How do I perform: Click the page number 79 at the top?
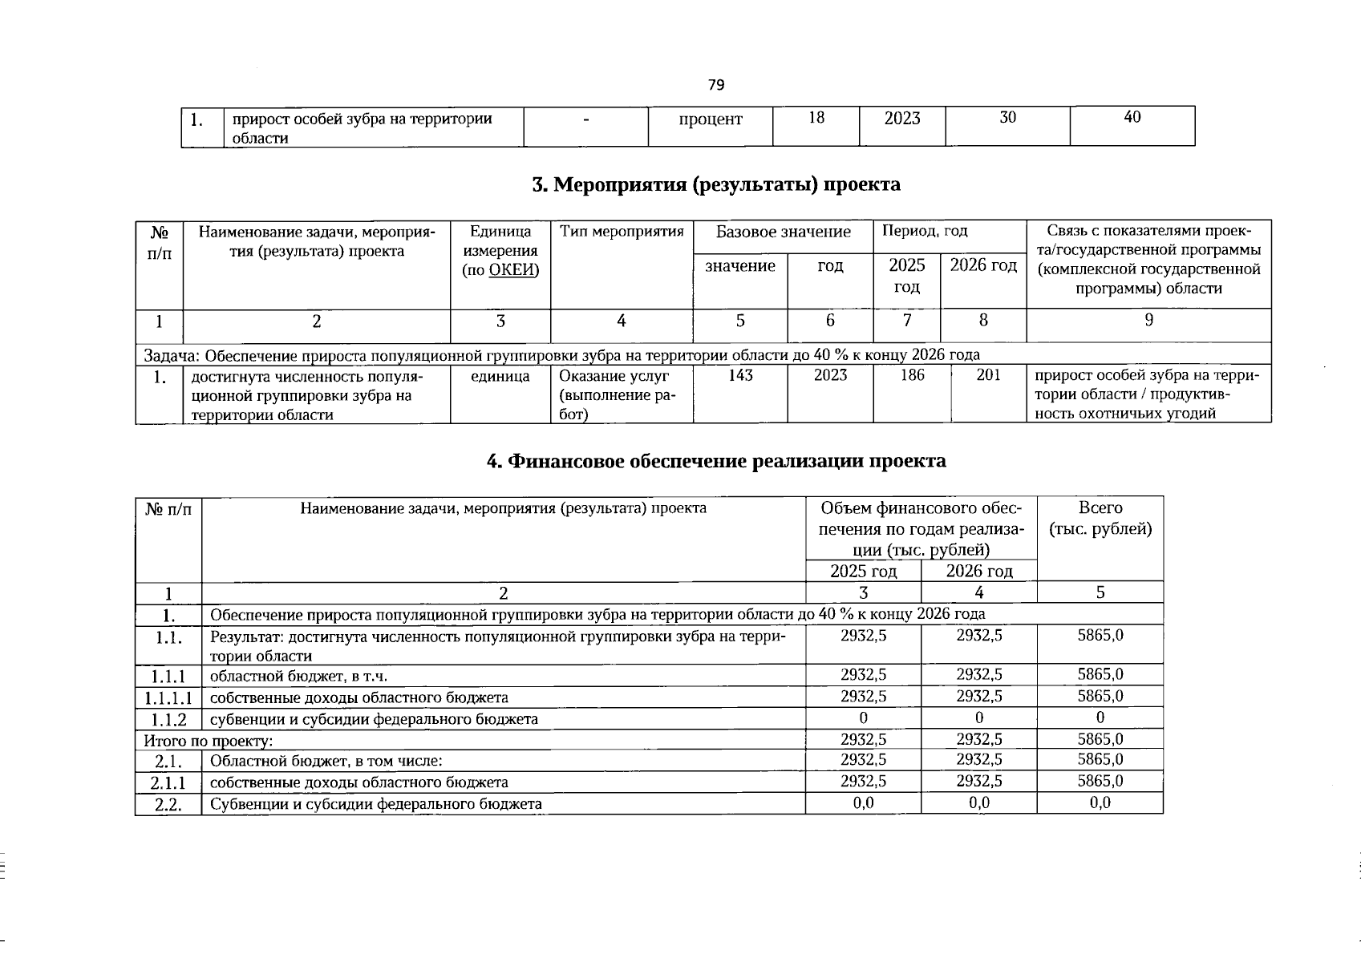pyautogui.click(x=716, y=85)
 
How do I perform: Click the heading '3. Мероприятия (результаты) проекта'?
pyautogui.click(x=716, y=184)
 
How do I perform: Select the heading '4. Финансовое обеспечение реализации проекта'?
pyautogui.click(x=716, y=461)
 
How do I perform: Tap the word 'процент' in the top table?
pyautogui.click(x=710, y=119)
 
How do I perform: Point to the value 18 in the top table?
pyautogui.click(x=816, y=118)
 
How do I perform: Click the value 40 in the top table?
pyautogui.click(x=1132, y=118)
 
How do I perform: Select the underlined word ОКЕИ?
pyautogui.click(x=511, y=269)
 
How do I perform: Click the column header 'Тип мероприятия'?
pyautogui.click(x=622, y=232)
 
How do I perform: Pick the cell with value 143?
pyautogui.click(x=739, y=375)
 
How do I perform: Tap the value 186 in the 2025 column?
pyautogui.click(x=912, y=375)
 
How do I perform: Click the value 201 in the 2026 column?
pyautogui.click(x=988, y=375)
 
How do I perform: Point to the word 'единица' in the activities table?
pyautogui.click(x=500, y=376)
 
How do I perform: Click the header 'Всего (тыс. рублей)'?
pyautogui.click(x=1100, y=519)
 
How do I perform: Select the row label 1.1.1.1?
pyautogui.click(x=168, y=697)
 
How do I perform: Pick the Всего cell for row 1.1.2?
pyautogui.click(x=1100, y=717)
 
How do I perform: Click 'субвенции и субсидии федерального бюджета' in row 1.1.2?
pyautogui.click(x=374, y=719)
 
